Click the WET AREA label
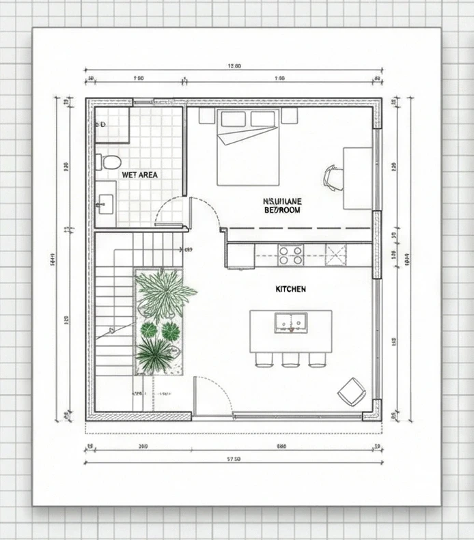pyautogui.click(x=139, y=175)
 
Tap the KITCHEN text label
pyautogui.click(x=291, y=289)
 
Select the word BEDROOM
pyautogui.click(x=282, y=210)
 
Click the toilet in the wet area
pyautogui.click(x=108, y=162)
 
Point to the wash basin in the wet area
pyautogui.click(x=105, y=203)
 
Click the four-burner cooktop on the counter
pyautogui.click(x=290, y=255)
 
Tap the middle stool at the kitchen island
pyautogui.click(x=290, y=359)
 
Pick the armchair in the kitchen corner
pyautogui.click(x=352, y=391)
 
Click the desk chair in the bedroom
pyautogui.click(x=333, y=177)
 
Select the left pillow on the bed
pyautogui.click(x=233, y=119)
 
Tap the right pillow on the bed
pyautogui.click(x=264, y=119)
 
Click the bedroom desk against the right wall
pyautogui.click(x=357, y=177)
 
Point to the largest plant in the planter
pyautogui.click(x=164, y=292)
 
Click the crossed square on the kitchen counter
pyautogui.click(x=337, y=255)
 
